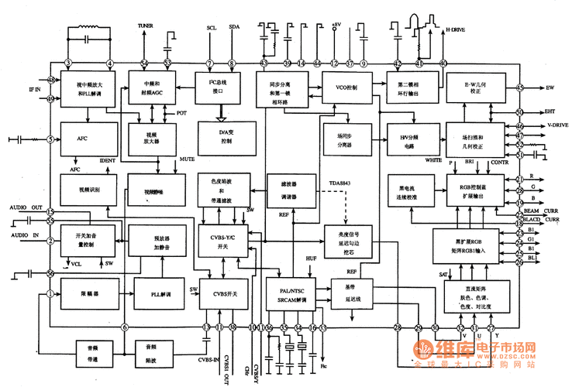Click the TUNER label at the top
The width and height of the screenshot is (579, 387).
(146, 26)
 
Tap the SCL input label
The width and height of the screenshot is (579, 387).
(212, 28)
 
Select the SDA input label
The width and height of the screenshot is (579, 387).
(234, 28)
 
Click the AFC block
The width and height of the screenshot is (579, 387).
(83, 139)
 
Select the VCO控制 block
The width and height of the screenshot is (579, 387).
(340, 87)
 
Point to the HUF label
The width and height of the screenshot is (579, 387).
(312, 256)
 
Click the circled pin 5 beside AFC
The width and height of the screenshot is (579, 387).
(50, 139)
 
